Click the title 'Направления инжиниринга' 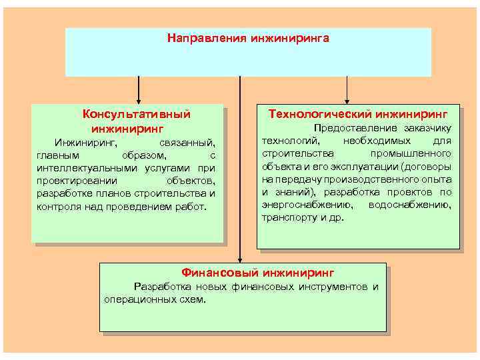coord(248,38)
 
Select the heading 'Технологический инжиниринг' coord(358,114)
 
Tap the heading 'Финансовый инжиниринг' coord(258,273)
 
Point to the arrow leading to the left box coord(139,90)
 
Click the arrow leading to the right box coord(347,90)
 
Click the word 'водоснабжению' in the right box coord(409,205)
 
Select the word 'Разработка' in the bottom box coord(160,287)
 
